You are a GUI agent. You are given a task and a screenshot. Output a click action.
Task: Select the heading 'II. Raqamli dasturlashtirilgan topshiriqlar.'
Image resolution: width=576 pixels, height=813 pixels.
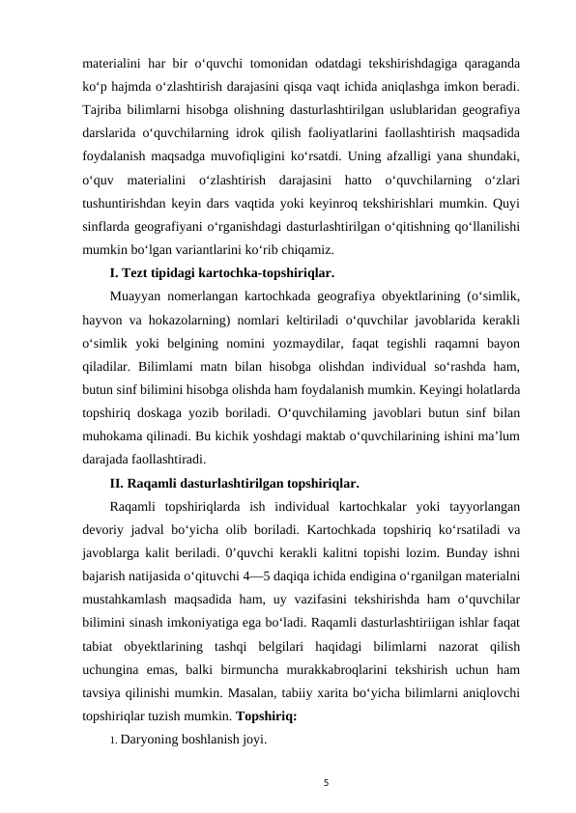click(235, 482)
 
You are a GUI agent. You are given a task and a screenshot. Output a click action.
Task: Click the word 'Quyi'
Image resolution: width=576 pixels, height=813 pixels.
click(510, 202)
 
